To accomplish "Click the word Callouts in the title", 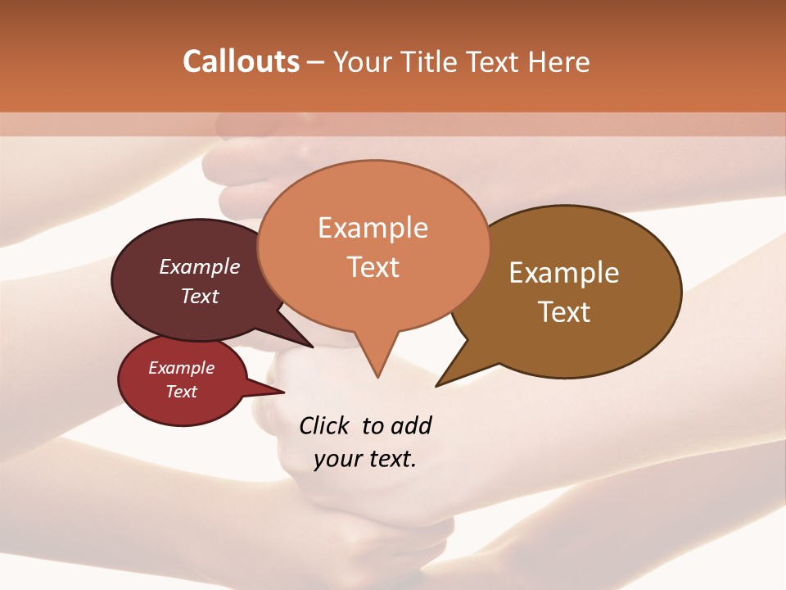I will point(241,61).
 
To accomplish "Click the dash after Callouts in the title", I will point(315,62).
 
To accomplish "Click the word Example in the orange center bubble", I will point(373,228).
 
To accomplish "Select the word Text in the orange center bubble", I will point(373,267).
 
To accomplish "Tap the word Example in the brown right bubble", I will point(564,273).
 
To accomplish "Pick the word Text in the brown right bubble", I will point(564,312).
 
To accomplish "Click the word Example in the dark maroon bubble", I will point(200,266).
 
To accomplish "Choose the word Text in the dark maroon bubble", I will point(200,296).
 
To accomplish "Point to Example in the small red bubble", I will point(181,368).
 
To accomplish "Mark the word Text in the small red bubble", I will point(182,392).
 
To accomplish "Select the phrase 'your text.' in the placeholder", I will point(365,459).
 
